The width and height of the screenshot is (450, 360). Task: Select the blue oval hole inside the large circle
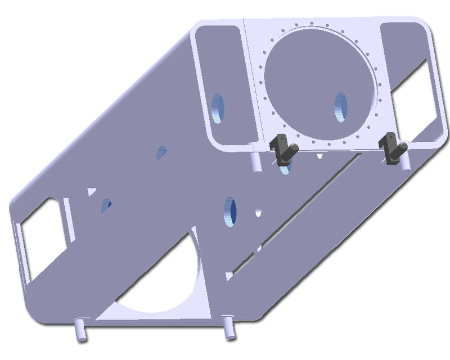click(341, 106)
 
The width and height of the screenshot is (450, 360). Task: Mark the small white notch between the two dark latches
click(320, 155)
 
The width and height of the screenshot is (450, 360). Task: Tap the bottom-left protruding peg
click(80, 332)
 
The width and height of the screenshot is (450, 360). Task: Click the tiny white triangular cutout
click(91, 192)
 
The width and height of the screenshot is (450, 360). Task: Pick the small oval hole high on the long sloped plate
click(161, 152)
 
